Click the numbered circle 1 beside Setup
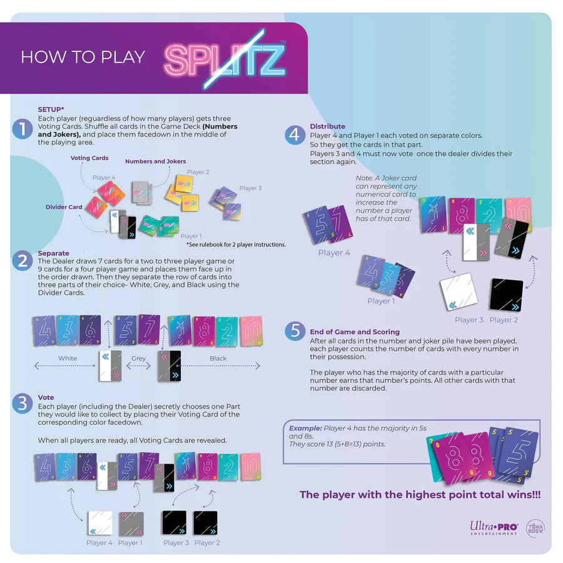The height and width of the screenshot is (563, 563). pyautogui.click(x=23, y=129)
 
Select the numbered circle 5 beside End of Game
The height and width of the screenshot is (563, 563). pyautogui.click(x=295, y=331)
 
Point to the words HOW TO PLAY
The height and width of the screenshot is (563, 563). pyautogui.click(x=83, y=57)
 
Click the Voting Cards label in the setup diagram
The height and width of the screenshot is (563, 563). pyautogui.click(x=89, y=158)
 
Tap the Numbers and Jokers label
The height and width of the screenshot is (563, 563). pyautogui.click(x=155, y=161)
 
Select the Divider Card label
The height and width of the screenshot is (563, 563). pyautogui.click(x=64, y=207)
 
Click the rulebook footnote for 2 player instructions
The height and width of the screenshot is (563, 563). pyautogui.click(x=233, y=244)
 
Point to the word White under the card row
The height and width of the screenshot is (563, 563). pyautogui.click(x=68, y=358)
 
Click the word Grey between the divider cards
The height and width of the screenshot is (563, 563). pyautogui.click(x=138, y=358)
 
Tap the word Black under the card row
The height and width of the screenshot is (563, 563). pyautogui.click(x=218, y=358)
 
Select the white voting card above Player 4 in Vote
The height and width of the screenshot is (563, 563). pyautogui.click(x=100, y=523)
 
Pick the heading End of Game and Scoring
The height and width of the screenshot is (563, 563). pyautogui.click(x=355, y=332)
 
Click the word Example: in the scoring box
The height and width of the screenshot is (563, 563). pyautogui.click(x=305, y=428)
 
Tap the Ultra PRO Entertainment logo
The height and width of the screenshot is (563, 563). pyautogui.click(x=494, y=528)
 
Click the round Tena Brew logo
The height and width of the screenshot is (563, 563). pyautogui.click(x=535, y=527)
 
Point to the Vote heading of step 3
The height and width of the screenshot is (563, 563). pyautogui.click(x=46, y=397)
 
